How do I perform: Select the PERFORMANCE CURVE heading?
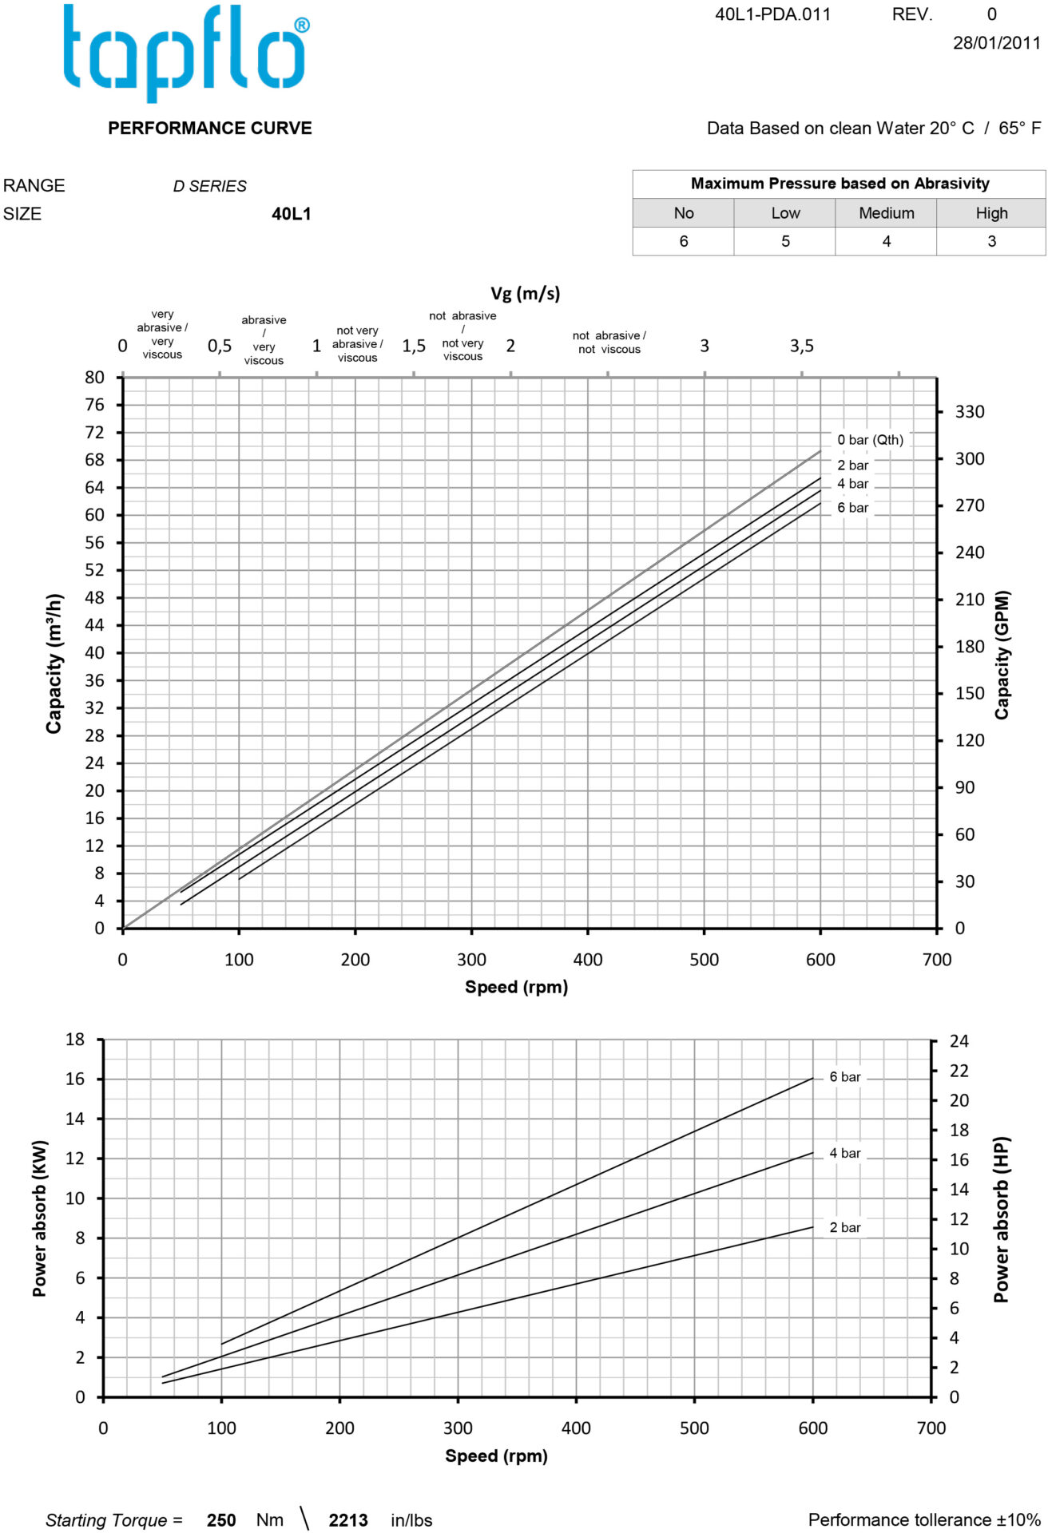point(210,128)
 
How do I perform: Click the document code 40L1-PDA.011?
point(772,14)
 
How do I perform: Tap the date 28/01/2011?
point(996,43)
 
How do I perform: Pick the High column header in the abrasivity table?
point(991,213)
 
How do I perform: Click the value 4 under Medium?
point(886,241)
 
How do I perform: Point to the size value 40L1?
point(292,214)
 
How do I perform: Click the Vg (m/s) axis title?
point(525,293)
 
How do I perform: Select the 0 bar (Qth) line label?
point(870,440)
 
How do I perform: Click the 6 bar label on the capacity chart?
point(852,508)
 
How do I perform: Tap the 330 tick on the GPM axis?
point(970,412)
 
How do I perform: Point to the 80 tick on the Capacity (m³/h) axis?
point(94,377)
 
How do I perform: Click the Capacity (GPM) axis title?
point(1002,655)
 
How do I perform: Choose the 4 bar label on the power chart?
point(844,1153)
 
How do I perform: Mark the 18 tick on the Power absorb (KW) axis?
point(75,1040)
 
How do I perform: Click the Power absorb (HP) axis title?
point(1001,1219)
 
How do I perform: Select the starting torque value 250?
point(221,1520)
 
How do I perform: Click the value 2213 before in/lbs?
point(348,1520)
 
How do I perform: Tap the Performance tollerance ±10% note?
point(924,1519)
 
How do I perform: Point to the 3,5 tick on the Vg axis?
point(801,346)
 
